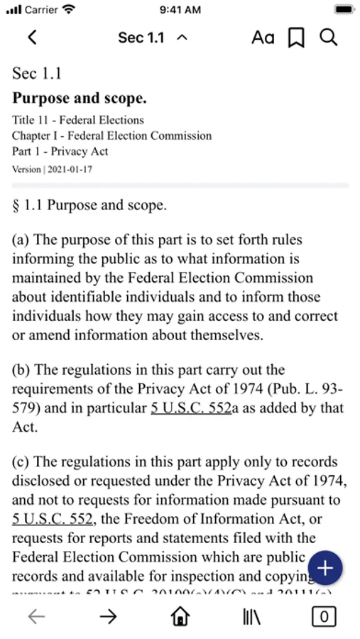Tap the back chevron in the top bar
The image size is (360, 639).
coord(31,38)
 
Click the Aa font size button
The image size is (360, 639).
coord(263,38)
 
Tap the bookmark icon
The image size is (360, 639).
coord(296,38)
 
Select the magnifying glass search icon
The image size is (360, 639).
coord(328,38)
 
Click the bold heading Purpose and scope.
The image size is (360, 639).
coord(80,99)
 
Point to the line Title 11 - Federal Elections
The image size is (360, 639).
coord(78,120)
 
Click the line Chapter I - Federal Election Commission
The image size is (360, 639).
coord(111,136)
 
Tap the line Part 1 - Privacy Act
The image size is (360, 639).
coord(60,151)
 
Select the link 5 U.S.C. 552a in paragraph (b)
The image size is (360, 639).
coord(191,408)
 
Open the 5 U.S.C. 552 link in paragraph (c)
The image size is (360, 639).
coord(54,519)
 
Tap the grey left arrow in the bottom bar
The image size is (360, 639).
coord(36,616)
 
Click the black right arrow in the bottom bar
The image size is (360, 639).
coord(108,616)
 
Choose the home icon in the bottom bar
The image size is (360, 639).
coord(180,616)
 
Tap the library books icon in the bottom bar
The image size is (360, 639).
coord(252,616)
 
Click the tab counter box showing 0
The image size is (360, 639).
coord(324,616)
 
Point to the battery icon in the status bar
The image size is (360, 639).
coord(344,10)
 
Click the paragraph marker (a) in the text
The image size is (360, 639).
coord(21,240)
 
